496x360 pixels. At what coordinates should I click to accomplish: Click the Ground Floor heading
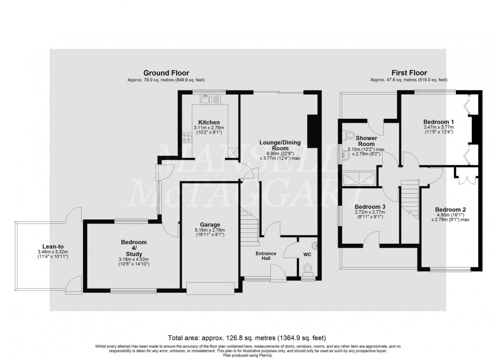pyautogui.click(x=166, y=73)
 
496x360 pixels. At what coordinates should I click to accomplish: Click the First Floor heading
pyautogui.click(x=408, y=73)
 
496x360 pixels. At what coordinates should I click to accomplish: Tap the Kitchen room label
pyautogui.click(x=209, y=122)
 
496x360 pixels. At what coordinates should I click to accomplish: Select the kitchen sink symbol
pyautogui.click(x=206, y=99)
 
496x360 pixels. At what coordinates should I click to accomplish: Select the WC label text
pyautogui.click(x=307, y=254)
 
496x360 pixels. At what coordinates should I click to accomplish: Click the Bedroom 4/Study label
pyautogui.click(x=134, y=246)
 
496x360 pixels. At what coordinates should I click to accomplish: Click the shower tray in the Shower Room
pyautogui.click(x=360, y=177)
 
